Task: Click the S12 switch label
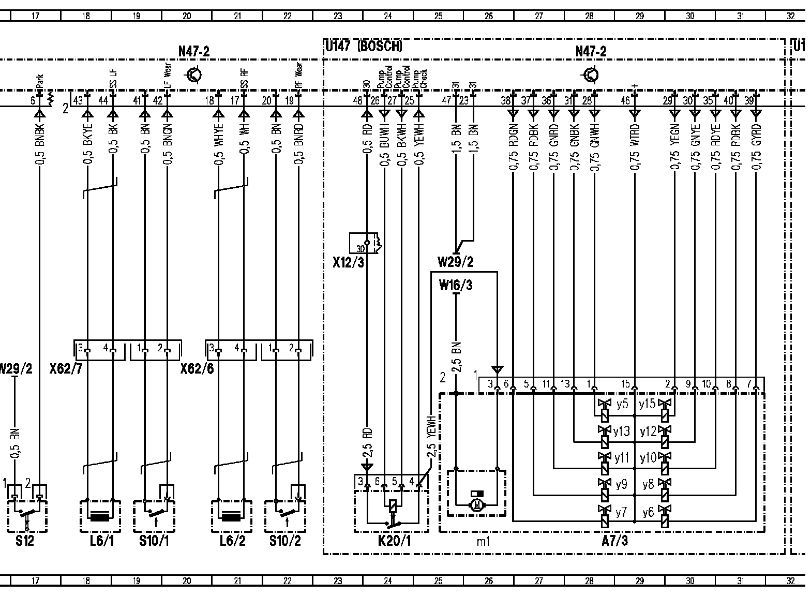25,541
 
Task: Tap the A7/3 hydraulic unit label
615,541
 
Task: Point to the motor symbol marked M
476,504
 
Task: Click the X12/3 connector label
348,263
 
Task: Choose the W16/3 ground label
455,285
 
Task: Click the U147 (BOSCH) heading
364,47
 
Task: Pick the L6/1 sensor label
100,541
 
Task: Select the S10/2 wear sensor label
285,541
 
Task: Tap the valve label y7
621,512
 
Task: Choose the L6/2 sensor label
231,541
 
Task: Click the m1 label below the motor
483,542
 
